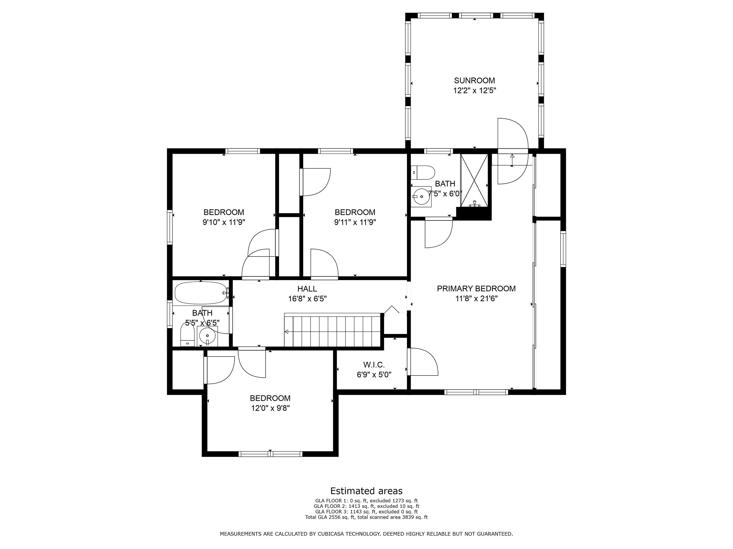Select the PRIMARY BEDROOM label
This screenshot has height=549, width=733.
pos(476,289)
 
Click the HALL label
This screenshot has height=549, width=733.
pos(307,289)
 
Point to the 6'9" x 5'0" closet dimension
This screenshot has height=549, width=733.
pos(374,375)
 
